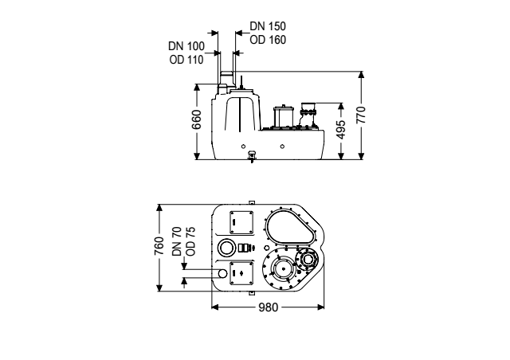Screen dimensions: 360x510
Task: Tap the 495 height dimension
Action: pyautogui.click(x=341, y=131)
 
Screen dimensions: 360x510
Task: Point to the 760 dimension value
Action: pyautogui.click(x=159, y=247)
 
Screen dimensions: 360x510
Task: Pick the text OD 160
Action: pyautogui.click(x=263, y=38)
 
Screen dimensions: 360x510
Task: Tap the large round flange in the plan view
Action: pyautogui.click(x=282, y=269)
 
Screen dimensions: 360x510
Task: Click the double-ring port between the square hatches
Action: pyautogui.click(x=228, y=247)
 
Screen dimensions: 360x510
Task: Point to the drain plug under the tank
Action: pyautogui.click(x=252, y=156)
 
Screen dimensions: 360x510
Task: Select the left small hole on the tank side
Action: pyautogui.click(x=244, y=146)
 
